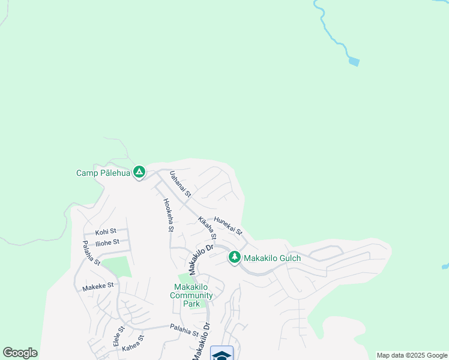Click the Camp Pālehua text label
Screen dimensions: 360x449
coord(103,173)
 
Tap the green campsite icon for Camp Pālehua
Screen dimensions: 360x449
coord(139,173)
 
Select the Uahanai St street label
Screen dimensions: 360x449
coord(179,184)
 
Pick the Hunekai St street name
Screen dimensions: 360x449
coord(228,226)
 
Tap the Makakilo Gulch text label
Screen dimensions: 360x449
coord(272,258)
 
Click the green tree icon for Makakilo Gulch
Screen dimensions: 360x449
coord(234,257)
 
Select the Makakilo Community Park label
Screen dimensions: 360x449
coord(191,295)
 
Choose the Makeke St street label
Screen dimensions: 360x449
coord(98,286)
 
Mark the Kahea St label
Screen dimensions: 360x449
coord(133,343)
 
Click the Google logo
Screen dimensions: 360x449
coord(20,353)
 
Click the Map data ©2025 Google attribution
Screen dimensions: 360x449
coord(412,355)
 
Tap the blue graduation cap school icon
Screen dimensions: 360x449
coord(221,354)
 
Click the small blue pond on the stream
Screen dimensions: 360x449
coord(354,61)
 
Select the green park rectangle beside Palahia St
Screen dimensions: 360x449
coord(116,267)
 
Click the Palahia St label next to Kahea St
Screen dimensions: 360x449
coord(184,331)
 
